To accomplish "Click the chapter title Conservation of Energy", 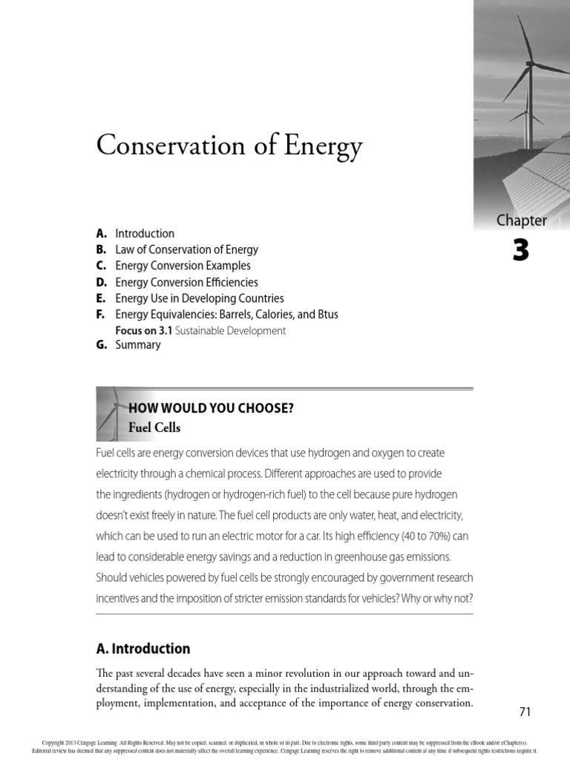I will point(229,146).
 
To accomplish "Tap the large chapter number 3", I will point(521,252).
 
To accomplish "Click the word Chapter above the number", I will point(521,220).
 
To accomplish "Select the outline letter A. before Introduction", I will point(102,233).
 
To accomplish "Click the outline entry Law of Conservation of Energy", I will point(186,249).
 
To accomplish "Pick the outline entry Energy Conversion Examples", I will point(183,266).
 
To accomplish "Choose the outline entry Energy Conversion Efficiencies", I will point(186,282).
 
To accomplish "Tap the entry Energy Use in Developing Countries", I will point(200,298).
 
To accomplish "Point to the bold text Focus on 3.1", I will point(145,331).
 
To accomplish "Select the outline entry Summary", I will point(138,345).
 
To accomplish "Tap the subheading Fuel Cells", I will point(154,428).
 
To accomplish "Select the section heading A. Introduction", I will point(143,649).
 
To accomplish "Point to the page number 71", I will point(525,712).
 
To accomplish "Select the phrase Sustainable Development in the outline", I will point(231,331).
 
